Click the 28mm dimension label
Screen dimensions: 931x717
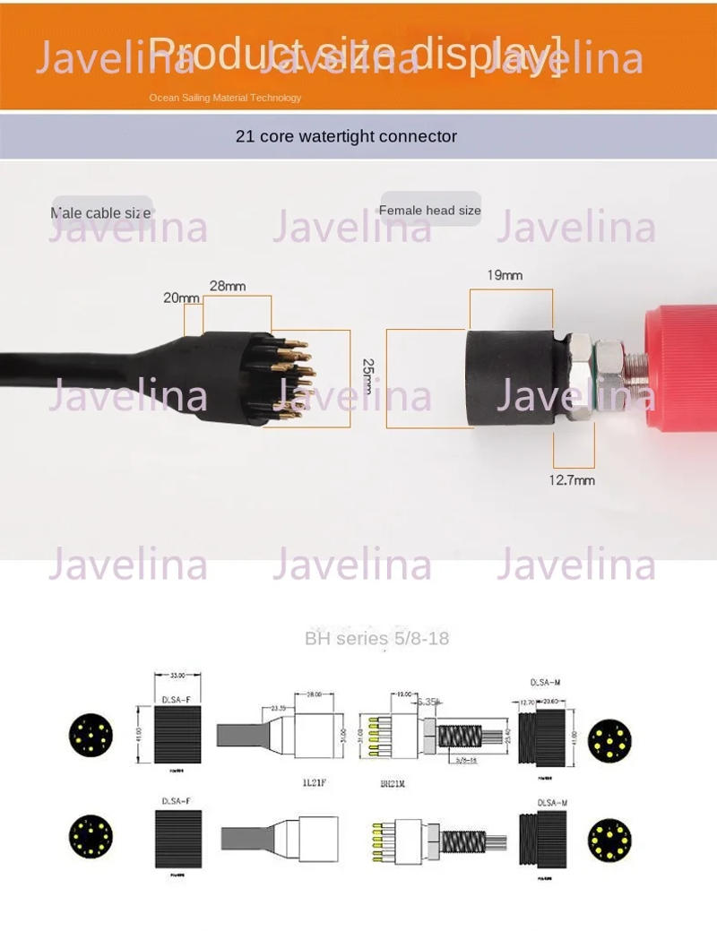pyautogui.click(x=227, y=287)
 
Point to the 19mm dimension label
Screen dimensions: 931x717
pyautogui.click(x=505, y=275)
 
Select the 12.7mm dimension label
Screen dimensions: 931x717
pyautogui.click(x=572, y=480)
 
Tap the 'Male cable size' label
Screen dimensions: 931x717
pyautogui.click(x=100, y=213)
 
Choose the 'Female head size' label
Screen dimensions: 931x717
pyautogui.click(x=430, y=211)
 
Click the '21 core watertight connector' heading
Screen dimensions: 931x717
pyautogui.click(x=346, y=137)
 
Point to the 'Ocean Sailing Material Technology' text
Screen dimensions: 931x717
pyautogui.click(x=225, y=98)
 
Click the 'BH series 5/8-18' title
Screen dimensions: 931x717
pyautogui.click(x=376, y=639)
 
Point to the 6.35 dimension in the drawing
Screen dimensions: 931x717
pyautogui.click(x=425, y=703)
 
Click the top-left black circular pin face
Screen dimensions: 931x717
pyautogui.click(x=91, y=737)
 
